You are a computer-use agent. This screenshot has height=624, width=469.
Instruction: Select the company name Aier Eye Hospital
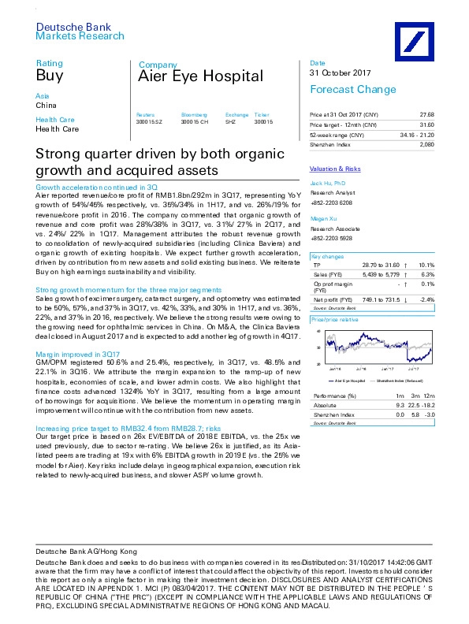click(x=200, y=76)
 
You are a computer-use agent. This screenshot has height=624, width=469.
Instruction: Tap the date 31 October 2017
click(x=339, y=73)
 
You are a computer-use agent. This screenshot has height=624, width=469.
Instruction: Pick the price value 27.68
click(x=426, y=115)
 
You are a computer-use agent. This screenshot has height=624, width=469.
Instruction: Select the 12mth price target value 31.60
click(x=426, y=125)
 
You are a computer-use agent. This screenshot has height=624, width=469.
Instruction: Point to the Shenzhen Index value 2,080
click(x=426, y=144)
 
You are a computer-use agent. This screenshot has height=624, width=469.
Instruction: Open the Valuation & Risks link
click(x=335, y=169)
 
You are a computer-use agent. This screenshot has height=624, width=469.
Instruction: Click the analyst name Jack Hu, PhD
click(x=327, y=182)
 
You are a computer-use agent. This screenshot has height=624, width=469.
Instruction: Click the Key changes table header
click(x=327, y=257)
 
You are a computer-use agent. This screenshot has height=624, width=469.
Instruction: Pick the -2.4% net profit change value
click(x=426, y=300)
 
